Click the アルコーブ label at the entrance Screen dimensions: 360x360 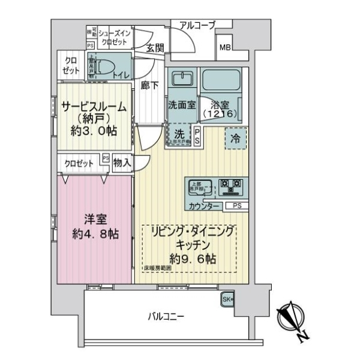coord(193,25)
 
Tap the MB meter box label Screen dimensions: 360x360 coord(226,48)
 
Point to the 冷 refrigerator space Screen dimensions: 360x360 coord(236,137)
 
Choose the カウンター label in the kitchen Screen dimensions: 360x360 coord(203,206)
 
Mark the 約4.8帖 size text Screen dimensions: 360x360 coord(92,233)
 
